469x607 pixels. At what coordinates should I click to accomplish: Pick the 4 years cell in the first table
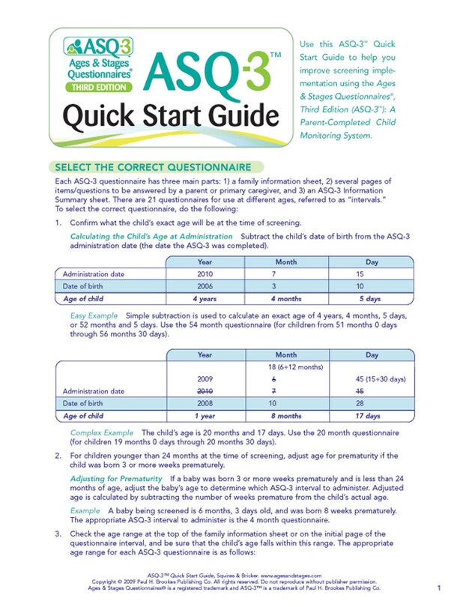pyautogui.click(x=204, y=299)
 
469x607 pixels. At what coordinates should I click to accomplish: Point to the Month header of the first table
pyautogui.click(x=286, y=262)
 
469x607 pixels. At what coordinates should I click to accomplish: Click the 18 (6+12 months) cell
pyautogui.click(x=286, y=366)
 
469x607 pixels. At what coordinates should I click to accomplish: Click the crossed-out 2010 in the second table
pyautogui.click(x=204, y=390)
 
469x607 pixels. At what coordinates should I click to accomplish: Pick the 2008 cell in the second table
pyautogui.click(x=204, y=403)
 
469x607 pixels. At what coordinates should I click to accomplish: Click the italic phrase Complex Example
pyautogui.click(x=102, y=433)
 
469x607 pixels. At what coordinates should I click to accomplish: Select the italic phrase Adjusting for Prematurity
pyautogui.click(x=116, y=478)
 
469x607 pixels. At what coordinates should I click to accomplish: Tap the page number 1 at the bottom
pyautogui.click(x=438, y=588)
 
